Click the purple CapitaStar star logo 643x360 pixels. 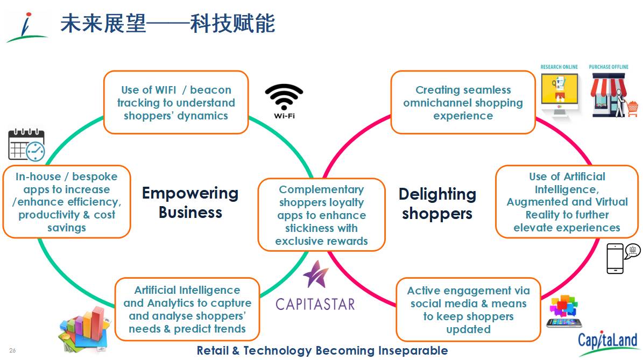tap(315, 274)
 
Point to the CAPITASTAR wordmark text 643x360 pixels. tap(315, 303)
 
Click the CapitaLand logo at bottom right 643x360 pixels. tap(607, 342)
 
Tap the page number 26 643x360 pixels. tap(12, 351)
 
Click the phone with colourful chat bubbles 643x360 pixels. tap(564, 312)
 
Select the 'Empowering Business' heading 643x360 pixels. tap(190, 202)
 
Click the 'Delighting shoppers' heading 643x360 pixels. tap(437, 203)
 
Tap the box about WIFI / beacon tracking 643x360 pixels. tap(176, 102)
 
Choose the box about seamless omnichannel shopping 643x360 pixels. tap(463, 102)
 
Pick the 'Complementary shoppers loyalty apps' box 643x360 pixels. tap(321, 215)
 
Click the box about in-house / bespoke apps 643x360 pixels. tap(67, 202)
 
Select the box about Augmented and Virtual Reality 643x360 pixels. tap(567, 202)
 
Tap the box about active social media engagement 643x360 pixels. tap(468, 309)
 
